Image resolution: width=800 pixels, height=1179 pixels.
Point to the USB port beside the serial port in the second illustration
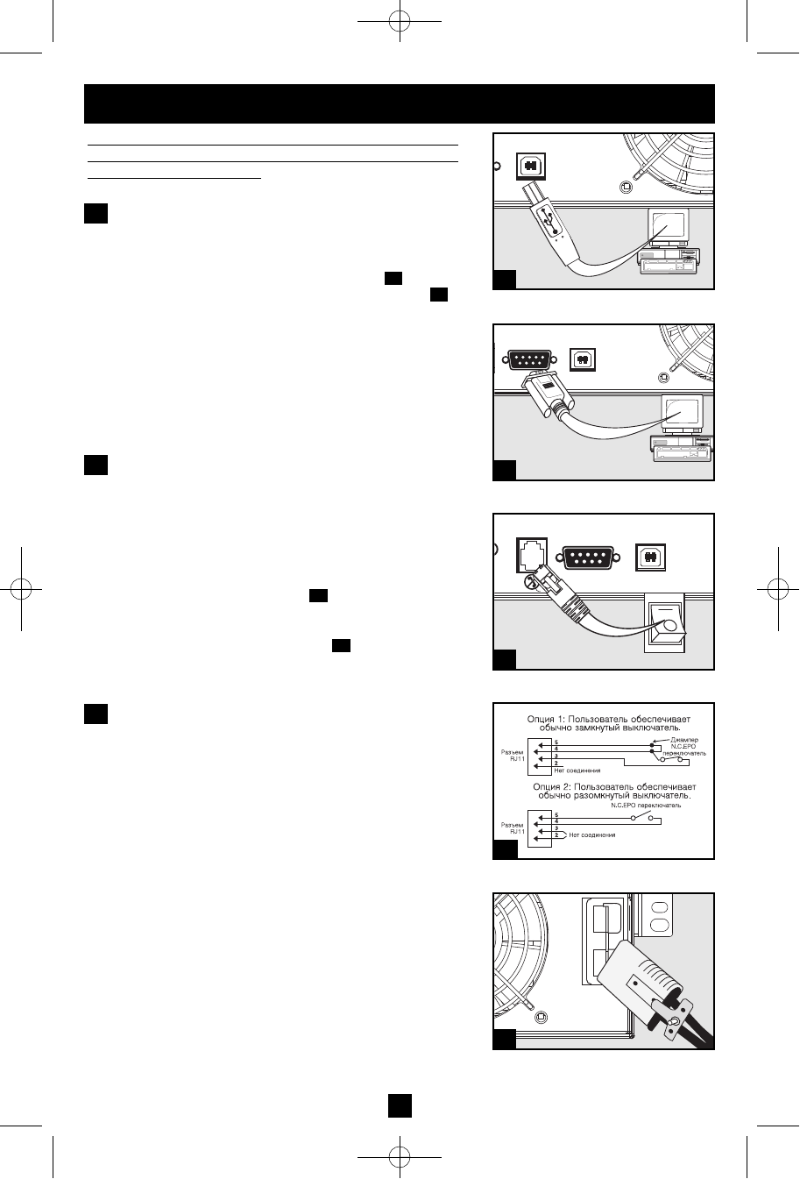(583, 359)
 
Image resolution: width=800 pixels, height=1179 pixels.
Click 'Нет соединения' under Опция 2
(592, 835)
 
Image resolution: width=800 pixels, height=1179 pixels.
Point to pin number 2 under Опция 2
(556, 835)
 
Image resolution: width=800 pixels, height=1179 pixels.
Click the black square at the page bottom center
(400, 1106)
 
